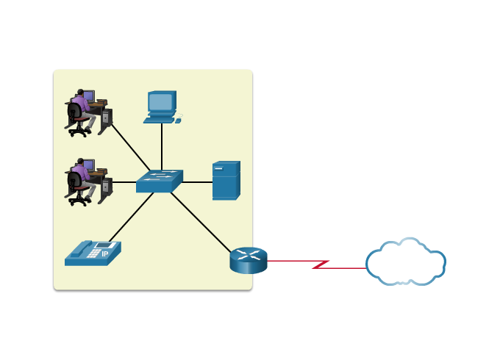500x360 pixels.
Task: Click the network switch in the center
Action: coord(159,181)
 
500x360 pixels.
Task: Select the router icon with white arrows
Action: coord(249,260)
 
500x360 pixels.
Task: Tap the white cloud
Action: coord(405,262)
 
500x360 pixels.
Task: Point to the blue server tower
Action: coord(226,181)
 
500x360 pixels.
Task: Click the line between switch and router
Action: coord(202,223)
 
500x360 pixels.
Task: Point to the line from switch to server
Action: coord(197,181)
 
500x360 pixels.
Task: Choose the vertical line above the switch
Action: coord(162,145)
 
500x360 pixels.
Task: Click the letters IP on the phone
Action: coord(104,254)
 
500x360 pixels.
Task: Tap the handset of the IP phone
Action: coord(79,248)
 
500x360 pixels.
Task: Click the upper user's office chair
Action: coord(76,119)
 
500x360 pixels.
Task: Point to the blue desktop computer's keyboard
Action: coord(160,119)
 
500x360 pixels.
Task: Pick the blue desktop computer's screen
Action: coord(160,101)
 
